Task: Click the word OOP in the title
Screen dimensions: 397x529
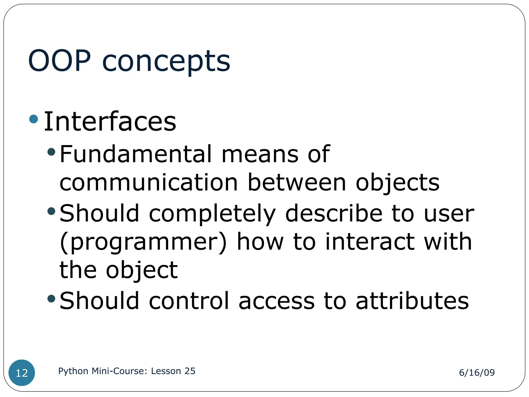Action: (59, 61)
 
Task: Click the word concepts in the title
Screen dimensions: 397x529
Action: (166, 62)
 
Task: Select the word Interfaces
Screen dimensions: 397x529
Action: (110, 121)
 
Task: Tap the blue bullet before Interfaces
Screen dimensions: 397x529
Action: (34, 119)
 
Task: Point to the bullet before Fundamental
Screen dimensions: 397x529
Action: (52, 152)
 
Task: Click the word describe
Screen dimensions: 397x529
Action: (334, 213)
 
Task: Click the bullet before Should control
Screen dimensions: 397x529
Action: (52, 299)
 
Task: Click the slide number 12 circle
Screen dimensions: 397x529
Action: (22, 373)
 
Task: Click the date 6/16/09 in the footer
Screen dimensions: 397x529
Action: (477, 372)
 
